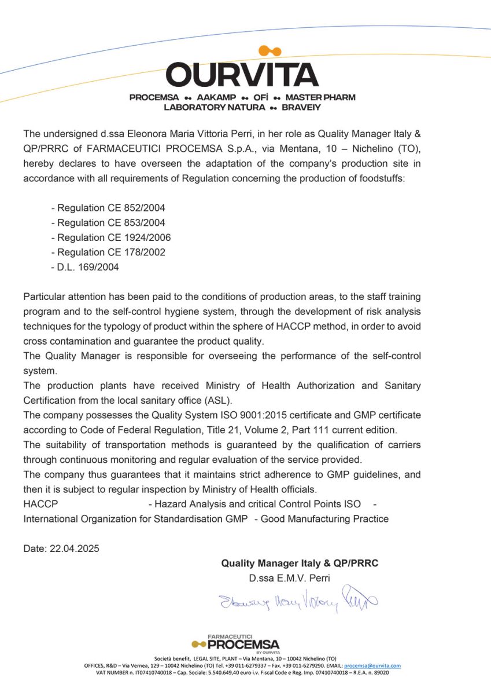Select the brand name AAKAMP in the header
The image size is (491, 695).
(216, 97)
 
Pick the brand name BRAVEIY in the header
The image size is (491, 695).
(301, 107)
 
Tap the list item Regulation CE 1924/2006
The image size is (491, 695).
(111, 237)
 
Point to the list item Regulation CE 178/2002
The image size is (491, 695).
(108, 252)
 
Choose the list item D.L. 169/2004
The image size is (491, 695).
(85, 267)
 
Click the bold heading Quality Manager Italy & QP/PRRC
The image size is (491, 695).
(300, 563)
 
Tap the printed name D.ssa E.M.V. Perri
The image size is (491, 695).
(289, 578)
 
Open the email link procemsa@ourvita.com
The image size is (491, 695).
(376, 665)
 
